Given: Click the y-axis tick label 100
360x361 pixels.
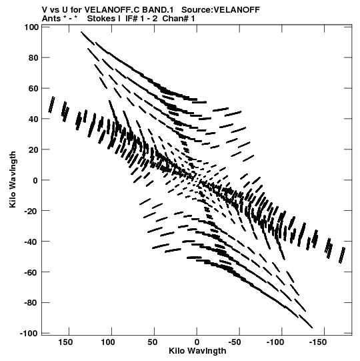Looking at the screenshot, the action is click(x=31, y=27).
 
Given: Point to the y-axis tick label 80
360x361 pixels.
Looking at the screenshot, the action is click(x=33, y=58).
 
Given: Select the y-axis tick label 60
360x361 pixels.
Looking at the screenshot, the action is click(x=33, y=88).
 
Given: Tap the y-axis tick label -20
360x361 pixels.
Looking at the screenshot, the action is click(x=31, y=211).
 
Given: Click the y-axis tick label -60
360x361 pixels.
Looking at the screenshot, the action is click(x=31, y=272).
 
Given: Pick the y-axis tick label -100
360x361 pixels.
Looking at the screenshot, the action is click(x=29, y=334).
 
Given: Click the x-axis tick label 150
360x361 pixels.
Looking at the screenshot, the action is click(x=65, y=342).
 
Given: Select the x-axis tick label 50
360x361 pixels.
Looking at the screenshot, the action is click(x=152, y=342).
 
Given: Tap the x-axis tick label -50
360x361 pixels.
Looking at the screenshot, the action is click(x=235, y=342).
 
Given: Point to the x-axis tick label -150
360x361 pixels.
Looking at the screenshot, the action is click(x=318, y=342).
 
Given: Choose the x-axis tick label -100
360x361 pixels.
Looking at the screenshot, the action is click(x=275, y=342).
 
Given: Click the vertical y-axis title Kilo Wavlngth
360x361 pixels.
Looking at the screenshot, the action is click(x=13, y=179).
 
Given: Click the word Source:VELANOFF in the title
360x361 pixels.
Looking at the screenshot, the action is click(x=221, y=10).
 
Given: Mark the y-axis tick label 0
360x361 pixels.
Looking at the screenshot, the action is click(x=35, y=180).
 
